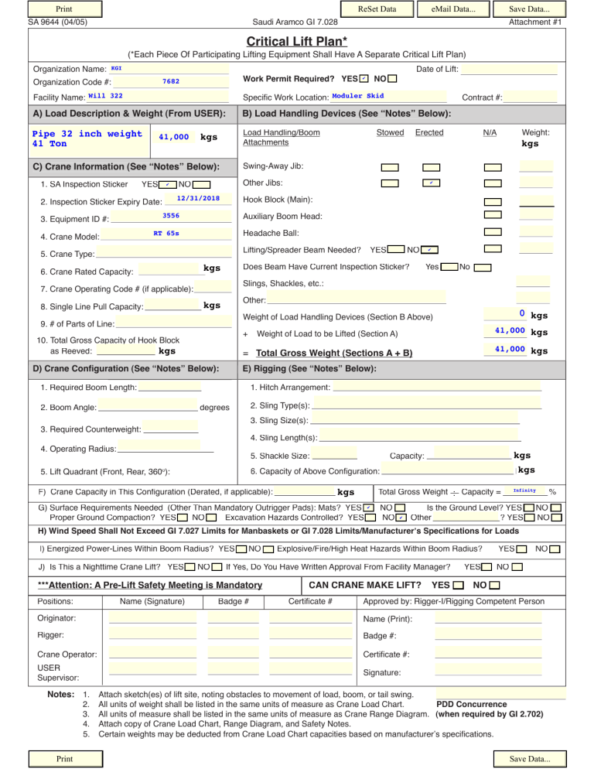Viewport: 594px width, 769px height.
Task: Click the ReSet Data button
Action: (x=377, y=9)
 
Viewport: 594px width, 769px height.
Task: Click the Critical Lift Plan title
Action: (x=295, y=40)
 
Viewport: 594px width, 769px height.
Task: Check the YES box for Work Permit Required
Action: (x=364, y=80)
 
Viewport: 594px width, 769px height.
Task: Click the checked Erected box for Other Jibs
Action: (x=431, y=183)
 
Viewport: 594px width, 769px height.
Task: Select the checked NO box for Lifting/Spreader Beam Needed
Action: (x=431, y=250)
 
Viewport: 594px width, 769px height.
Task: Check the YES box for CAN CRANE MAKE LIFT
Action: (x=460, y=585)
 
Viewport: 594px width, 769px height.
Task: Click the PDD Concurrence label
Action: (x=472, y=705)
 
